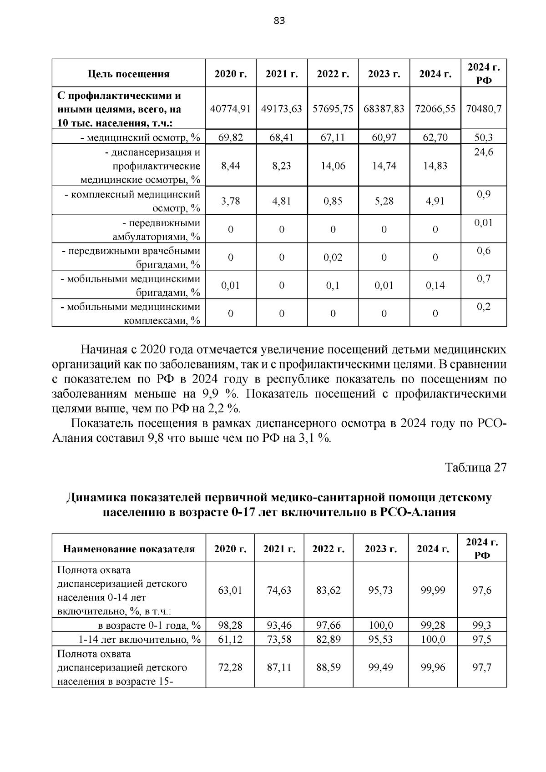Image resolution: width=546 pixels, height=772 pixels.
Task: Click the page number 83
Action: (279, 20)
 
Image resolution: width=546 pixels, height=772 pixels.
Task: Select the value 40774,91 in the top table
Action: (230, 109)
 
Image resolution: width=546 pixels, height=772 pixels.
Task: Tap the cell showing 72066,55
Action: (435, 109)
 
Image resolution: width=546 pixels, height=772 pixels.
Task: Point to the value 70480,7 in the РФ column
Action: (484, 109)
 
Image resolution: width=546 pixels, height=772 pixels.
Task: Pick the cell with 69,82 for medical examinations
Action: (230, 137)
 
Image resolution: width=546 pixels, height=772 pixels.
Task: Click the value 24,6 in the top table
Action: (484, 152)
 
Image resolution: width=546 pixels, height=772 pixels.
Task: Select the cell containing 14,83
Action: (435, 166)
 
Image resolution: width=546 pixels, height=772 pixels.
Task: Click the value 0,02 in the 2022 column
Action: (333, 257)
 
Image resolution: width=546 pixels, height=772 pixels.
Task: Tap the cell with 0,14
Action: (435, 286)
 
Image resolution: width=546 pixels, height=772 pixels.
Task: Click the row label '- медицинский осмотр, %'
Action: (140, 137)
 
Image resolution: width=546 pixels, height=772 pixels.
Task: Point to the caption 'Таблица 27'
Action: (475, 468)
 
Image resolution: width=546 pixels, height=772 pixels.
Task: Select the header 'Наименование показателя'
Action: (129, 549)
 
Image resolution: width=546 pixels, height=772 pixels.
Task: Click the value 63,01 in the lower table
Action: (230, 590)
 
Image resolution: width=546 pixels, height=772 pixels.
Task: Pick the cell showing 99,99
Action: (433, 590)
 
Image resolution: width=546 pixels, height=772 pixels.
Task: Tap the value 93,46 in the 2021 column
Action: (279, 626)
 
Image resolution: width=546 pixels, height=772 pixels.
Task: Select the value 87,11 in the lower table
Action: (279, 667)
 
